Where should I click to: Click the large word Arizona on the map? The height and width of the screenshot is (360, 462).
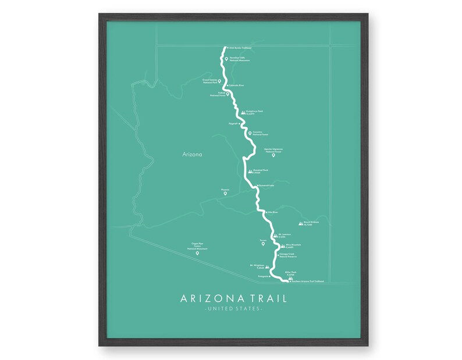[x=191, y=155]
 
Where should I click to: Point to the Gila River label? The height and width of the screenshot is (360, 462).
[x=272, y=213]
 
